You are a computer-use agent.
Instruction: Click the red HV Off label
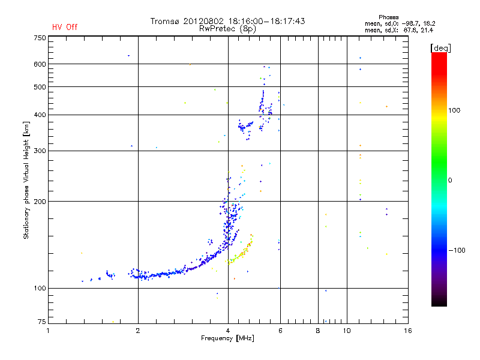[x=65, y=27]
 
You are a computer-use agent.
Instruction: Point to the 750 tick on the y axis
[x=40, y=38]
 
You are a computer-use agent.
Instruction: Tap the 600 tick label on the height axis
[x=40, y=64]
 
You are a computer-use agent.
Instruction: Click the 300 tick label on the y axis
[x=40, y=151]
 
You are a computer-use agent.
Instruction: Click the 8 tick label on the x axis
[x=318, y=331]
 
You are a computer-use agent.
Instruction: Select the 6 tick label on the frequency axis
[x=280, y=331]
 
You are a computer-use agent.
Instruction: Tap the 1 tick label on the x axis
[x=49, y=331]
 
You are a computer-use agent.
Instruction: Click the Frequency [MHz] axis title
[x=227, y=338]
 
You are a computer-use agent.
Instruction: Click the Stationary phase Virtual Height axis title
[x=26, y=180]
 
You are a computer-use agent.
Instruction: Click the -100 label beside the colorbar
[x=457, y=250]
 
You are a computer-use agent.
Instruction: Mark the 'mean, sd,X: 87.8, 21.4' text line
[x=400, y=30]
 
